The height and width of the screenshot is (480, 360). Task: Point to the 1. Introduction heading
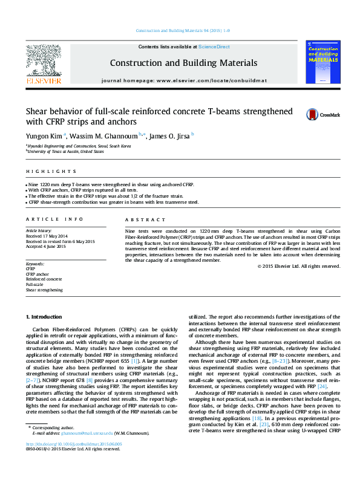pos(44,317)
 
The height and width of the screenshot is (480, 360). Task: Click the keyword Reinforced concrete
pos(44,279)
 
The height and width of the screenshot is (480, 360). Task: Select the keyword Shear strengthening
pos(44,290)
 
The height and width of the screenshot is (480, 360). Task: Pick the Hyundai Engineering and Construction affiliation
pos(79,146)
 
